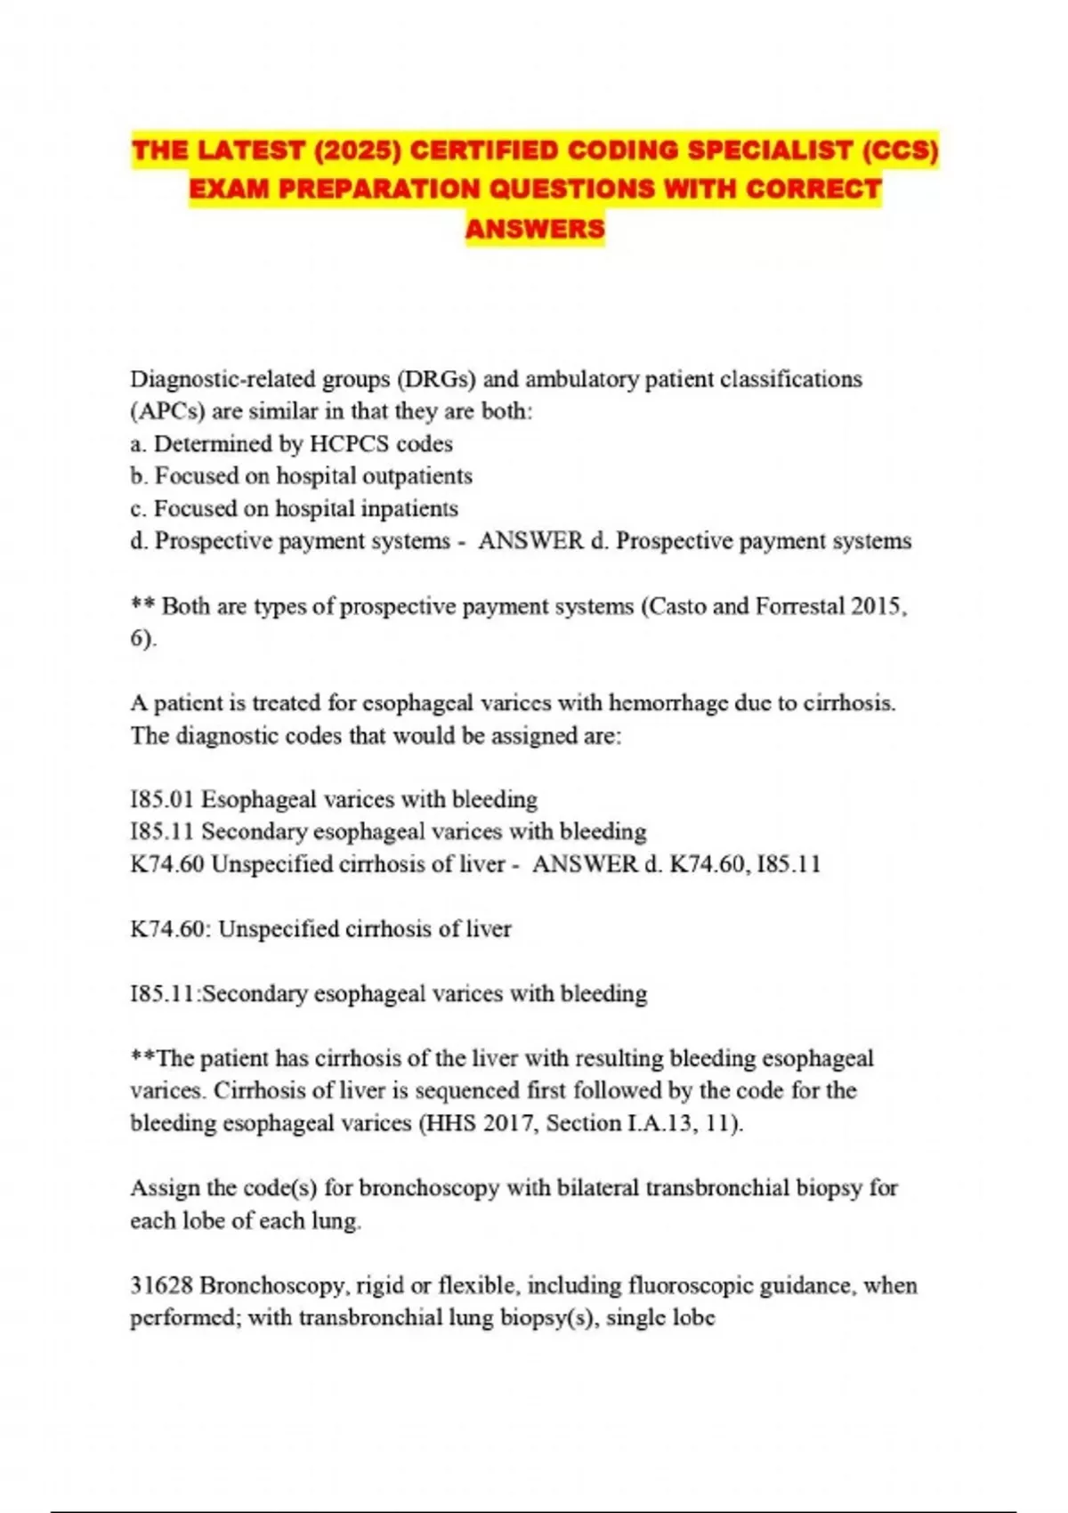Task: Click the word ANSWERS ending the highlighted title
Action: click(x=535, y=229)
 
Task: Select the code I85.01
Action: click(x=163, y=799)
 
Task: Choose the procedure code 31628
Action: click(x=162, y=1285)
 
